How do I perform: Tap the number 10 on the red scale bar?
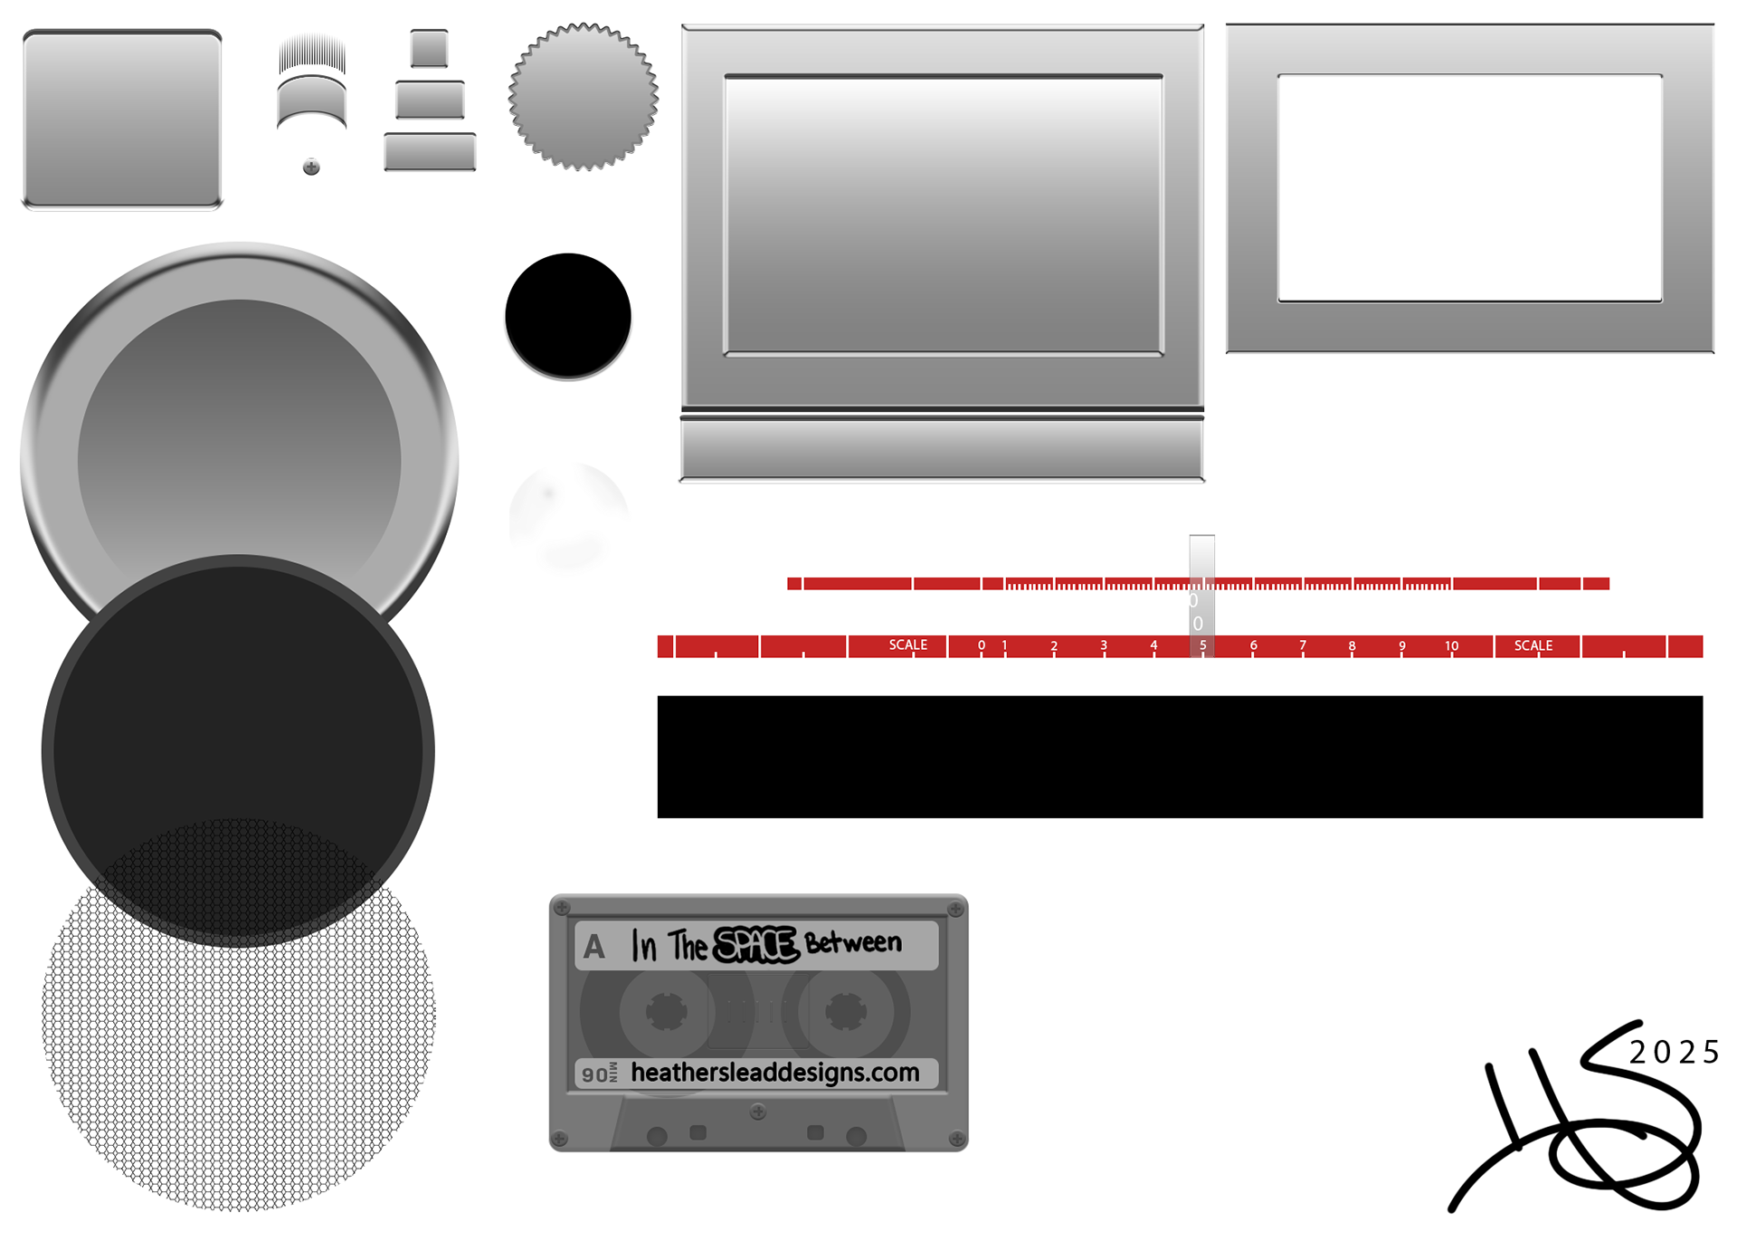point(1451,646)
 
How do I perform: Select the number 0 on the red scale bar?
point(982,646)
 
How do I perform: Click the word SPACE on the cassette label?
point(755,945)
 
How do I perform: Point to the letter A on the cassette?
point(593,947)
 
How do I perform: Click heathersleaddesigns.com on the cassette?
point(774,1073)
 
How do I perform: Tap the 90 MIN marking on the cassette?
point(599,1074)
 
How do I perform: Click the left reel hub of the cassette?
point(666,1012)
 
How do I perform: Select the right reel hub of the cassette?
point(846,1012)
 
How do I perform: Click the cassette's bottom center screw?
point(758,1111)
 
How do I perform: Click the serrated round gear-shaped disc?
point(584,97)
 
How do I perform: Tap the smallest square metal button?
point(429,49)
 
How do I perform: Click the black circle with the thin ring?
point(568,314)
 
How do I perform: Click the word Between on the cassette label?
point(853,943)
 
